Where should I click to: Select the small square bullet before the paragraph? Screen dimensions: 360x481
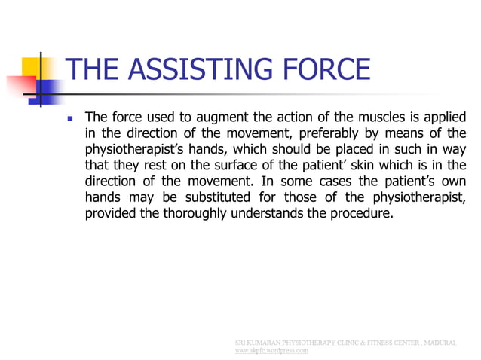point(71,118)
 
